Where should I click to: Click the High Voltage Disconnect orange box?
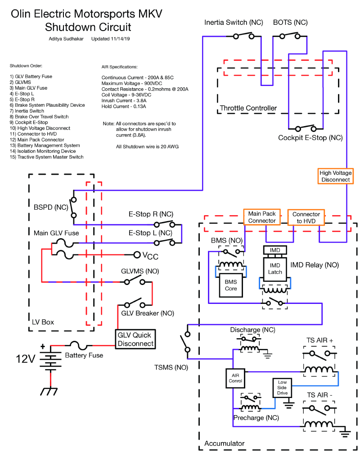pos(335,176)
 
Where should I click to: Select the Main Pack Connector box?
pos(262,217)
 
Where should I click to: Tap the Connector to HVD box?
pos(306,217)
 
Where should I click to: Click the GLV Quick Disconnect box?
pos(135,339)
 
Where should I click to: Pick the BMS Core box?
pos(231,285)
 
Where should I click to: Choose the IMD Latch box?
pos(275,268)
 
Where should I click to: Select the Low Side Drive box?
pos(282,388)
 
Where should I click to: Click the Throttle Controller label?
pos(248,108)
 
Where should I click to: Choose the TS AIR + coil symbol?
pos(319,370)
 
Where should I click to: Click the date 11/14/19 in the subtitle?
pos(120,39)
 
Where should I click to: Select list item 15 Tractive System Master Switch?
pos(46,157)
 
